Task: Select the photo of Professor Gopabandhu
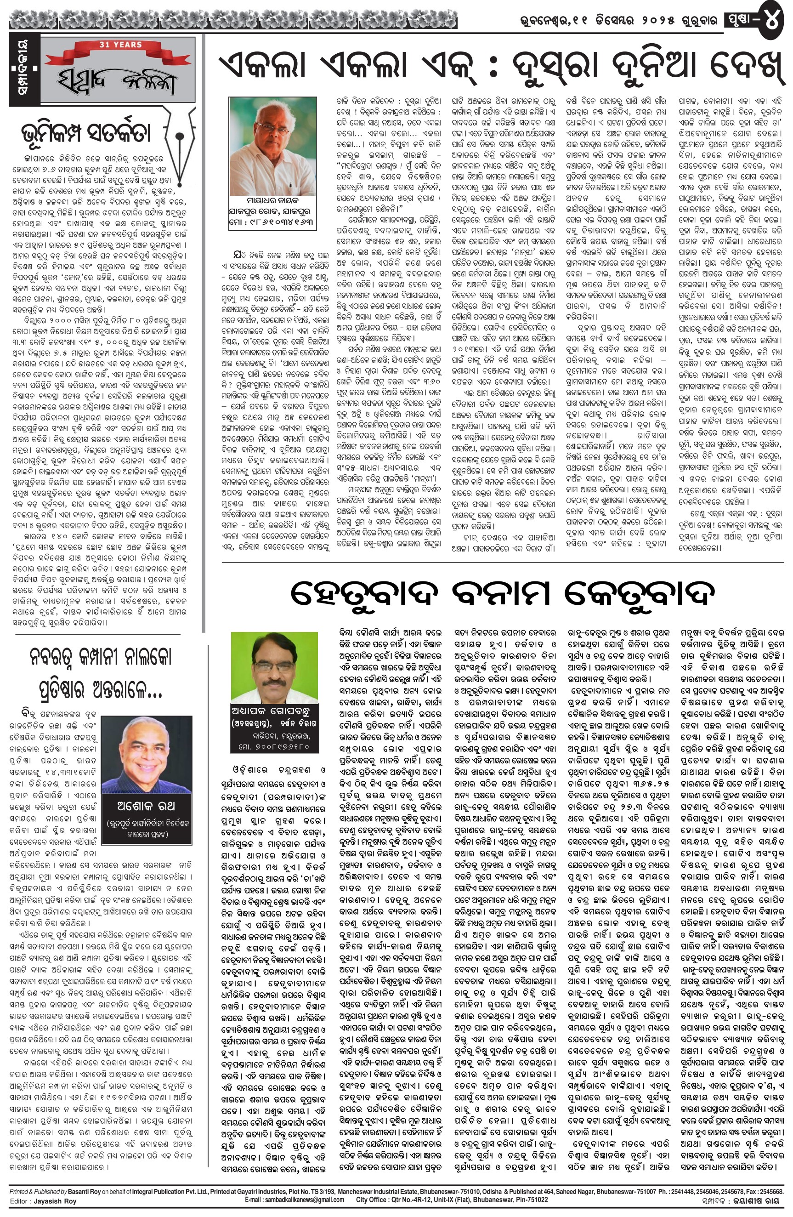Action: [x=274, y=667]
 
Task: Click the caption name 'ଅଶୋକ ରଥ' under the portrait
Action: [x=146, y=807]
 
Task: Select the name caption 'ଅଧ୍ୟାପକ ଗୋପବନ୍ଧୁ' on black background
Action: [x=274, y=712]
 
